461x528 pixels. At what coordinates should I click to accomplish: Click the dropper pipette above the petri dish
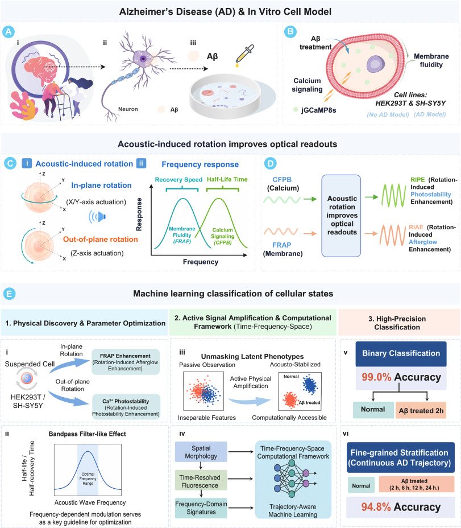point(244,55)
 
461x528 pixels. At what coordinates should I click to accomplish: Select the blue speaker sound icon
point(97,216)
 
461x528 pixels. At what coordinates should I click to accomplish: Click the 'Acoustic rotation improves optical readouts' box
point(341,216)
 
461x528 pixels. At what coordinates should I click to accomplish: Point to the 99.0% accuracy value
point(376,377)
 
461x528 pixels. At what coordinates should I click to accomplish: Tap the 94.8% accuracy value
point(376,507)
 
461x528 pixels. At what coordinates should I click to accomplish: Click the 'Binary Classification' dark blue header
point(401,353)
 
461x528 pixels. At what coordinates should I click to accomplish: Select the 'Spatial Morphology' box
point(201,452)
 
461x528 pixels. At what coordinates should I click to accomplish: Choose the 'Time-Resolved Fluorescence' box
point(201,481)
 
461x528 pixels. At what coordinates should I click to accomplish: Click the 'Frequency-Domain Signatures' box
point(201,508)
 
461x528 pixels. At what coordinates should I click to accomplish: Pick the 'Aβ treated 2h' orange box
point(421,410)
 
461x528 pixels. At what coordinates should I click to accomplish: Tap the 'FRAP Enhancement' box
point(126,362)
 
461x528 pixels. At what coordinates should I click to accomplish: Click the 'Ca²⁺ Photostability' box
point(126,407)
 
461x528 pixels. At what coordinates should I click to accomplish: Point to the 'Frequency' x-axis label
point(201,262)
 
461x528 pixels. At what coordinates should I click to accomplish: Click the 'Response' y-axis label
point(139,214)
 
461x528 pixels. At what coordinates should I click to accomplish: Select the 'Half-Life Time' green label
point(227,179)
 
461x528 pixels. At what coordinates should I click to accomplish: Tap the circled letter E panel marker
point(9,294)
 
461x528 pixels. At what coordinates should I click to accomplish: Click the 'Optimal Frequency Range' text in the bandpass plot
point(88,478)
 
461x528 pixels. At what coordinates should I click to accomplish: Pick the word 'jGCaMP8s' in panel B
point(318,110)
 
